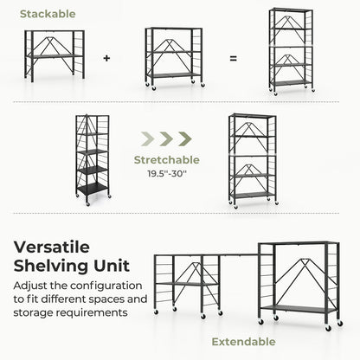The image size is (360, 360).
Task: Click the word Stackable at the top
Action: point(48,15)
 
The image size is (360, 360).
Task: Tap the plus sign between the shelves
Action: point(106,59)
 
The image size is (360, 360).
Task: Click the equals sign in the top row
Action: point(233,59)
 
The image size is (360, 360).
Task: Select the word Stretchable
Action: point(167,160)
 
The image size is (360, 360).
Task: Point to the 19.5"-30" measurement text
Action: point(167,173)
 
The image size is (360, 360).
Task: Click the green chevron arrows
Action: point(167,138)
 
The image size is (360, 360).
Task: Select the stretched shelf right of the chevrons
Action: point(252,160)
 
